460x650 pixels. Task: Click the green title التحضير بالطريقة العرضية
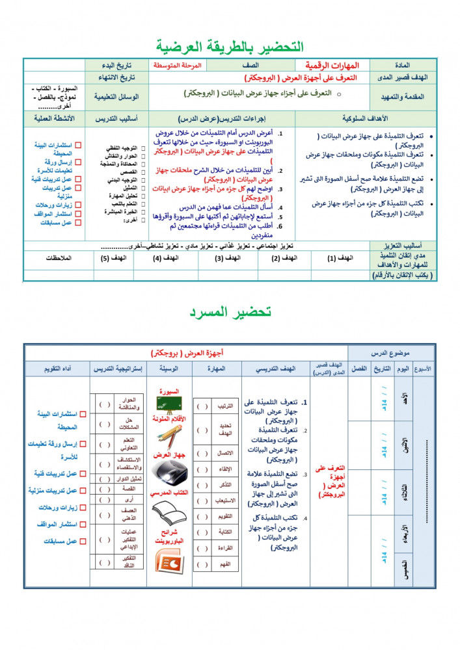230,46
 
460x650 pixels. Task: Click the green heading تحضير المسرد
230,311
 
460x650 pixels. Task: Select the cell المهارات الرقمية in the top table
332,65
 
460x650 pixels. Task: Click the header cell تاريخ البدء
119,66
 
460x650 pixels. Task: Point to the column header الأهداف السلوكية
364,119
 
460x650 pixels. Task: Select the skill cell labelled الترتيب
223,406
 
